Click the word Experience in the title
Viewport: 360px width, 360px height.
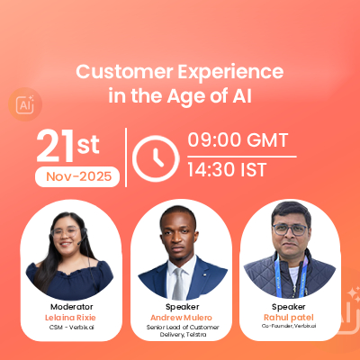tap(230, 73)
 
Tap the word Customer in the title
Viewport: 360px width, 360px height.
tap(124, 72)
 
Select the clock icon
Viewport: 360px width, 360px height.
tap(156, 158)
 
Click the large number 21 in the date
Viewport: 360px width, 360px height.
tap(55, 146)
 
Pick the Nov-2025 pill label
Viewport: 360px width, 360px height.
tap(77, 176)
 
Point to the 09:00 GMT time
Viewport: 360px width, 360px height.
tap(238, 140)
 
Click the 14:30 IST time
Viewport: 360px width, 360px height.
tap(227, 170)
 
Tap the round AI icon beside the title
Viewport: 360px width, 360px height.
tap(25, 104)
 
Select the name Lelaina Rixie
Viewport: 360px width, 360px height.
tap(70, 318)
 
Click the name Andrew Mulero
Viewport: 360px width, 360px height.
tap(181, 318)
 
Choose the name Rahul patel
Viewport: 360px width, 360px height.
tap(289, 318)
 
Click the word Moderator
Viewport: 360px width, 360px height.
tap(72, 307)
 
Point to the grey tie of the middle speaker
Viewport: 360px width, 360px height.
tap(178, 283)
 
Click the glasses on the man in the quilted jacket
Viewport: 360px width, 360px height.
tap(290, 229)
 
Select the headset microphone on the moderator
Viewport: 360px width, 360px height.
tap(82, 238)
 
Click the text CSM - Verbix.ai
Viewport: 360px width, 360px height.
tap(72, 328)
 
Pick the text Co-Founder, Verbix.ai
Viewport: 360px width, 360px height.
tap(289, 326)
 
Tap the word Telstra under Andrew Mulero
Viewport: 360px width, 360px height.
tap(196, 335)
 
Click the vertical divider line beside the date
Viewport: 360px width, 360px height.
tap(126, 157)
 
